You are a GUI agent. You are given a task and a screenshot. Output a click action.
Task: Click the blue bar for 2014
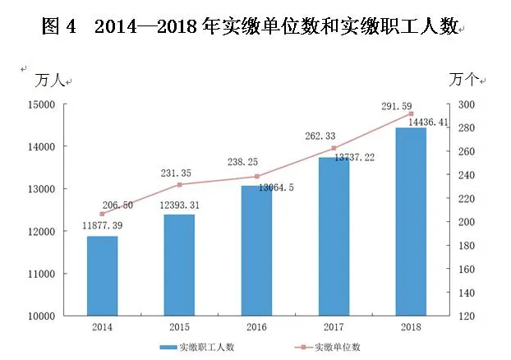click(x=102, y=275)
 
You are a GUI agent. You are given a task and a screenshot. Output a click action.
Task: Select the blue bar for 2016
click(x=256, y=251)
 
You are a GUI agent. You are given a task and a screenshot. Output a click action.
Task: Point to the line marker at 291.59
click(x=411, y=113)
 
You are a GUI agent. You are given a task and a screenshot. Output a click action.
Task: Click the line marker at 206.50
click(x=102, y=214)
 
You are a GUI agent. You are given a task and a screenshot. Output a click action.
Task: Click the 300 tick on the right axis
click(x=466, y=104)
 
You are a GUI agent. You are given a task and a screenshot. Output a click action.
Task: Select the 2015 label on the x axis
click(x=179, y=326)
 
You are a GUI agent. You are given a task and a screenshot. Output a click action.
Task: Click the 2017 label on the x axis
click(x=334, y=326)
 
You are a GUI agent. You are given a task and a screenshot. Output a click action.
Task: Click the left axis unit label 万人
click(x=49, y=81)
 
